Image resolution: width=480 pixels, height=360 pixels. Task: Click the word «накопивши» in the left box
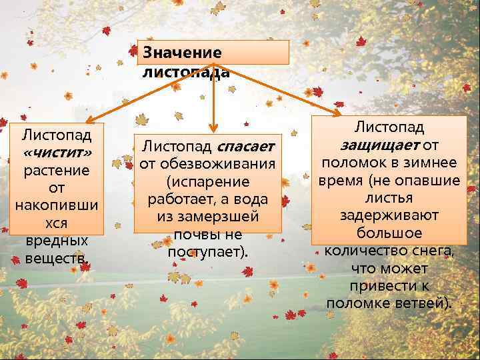57,205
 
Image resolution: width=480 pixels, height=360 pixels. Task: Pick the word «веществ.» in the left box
57,258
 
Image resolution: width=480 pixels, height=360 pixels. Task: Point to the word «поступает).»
207,253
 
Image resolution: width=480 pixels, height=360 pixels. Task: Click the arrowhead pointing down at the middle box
213,127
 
